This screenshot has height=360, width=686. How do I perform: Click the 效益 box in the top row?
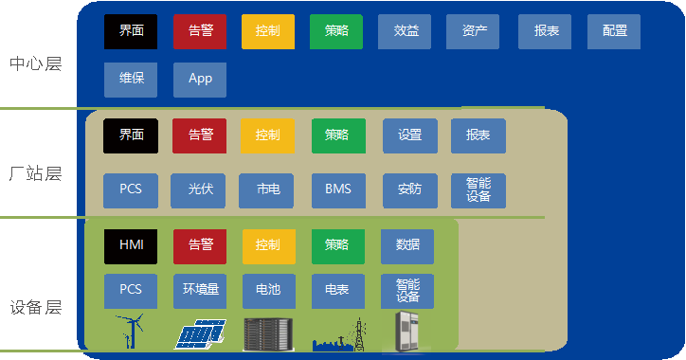pos(405,31)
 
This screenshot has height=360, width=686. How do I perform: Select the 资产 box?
pos(474,31)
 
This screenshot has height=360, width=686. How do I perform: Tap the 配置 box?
pos(614,31)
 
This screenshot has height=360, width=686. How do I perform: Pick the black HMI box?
pos(131,245)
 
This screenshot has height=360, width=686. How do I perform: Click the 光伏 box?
pos(199,189)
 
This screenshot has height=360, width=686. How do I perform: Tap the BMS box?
pos(338,189)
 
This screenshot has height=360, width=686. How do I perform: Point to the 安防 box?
pos(409,189)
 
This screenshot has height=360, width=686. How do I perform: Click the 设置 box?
pos(409,135)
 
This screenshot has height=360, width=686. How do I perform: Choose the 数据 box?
pos(407,245)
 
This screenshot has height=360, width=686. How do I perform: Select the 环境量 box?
pos(200,290)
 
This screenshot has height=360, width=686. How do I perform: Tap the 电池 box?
pos(268,290)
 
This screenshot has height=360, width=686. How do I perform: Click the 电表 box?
pos(337,290)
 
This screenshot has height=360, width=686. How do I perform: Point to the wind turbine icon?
pos(130,332)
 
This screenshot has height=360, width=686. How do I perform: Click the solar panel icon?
pos(201,333)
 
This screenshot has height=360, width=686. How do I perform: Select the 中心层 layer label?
pos(35,64)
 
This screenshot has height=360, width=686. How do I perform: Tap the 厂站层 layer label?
pos(35,174)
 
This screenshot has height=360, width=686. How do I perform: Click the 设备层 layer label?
pos(35,308)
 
